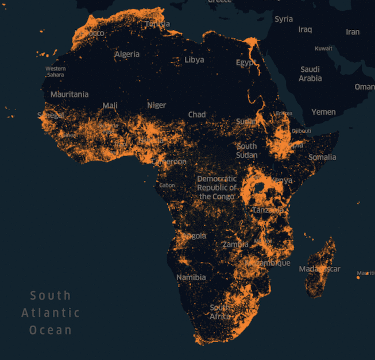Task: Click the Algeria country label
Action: tap(127, 55)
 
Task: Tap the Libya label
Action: tap(194, 60)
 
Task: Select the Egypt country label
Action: tap(246, 62)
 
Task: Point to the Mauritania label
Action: tap(69, 94)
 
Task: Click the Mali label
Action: tap(110, 106)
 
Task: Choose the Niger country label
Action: tap(156, 106)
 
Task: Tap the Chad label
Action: tap(197, 115)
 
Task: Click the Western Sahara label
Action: tap(56, 72)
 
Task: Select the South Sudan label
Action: tap(247, 150)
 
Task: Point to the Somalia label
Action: tap(322, 157)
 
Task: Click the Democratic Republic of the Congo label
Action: tap(217, 188)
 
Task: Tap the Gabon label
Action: tap(167, 185)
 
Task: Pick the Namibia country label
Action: tap(191, 277)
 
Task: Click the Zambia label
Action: tap(235, 244)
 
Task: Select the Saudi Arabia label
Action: tap(310, 74)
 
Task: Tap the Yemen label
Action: tap(323, 112)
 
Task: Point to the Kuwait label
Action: tap(323, 48)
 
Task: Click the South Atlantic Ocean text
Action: tap(51, 313)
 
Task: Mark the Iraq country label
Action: tap(305, 29)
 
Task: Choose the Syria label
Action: tap(284, 19)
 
